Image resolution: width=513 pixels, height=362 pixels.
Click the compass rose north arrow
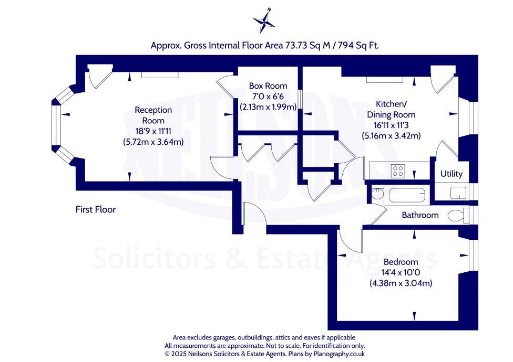(264, 22)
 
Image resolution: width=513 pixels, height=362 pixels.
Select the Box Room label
(268, 86)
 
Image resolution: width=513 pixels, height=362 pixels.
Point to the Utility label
(451, 174)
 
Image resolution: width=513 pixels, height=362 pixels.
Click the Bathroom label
(420, 215)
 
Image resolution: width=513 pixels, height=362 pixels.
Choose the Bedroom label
(401, 262)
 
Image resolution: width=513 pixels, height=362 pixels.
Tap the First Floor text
(95, 209)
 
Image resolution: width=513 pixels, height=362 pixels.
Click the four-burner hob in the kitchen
(398, 171)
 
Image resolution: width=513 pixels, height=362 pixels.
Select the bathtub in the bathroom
(406, 196)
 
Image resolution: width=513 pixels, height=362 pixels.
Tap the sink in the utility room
(458, 193)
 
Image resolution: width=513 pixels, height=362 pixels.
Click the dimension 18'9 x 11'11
(153, 131)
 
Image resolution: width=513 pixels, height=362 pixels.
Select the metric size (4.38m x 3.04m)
(401, 283)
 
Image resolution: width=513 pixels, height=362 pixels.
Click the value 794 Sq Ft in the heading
(359, 46)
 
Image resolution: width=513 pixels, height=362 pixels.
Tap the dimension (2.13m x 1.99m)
(268, 107)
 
